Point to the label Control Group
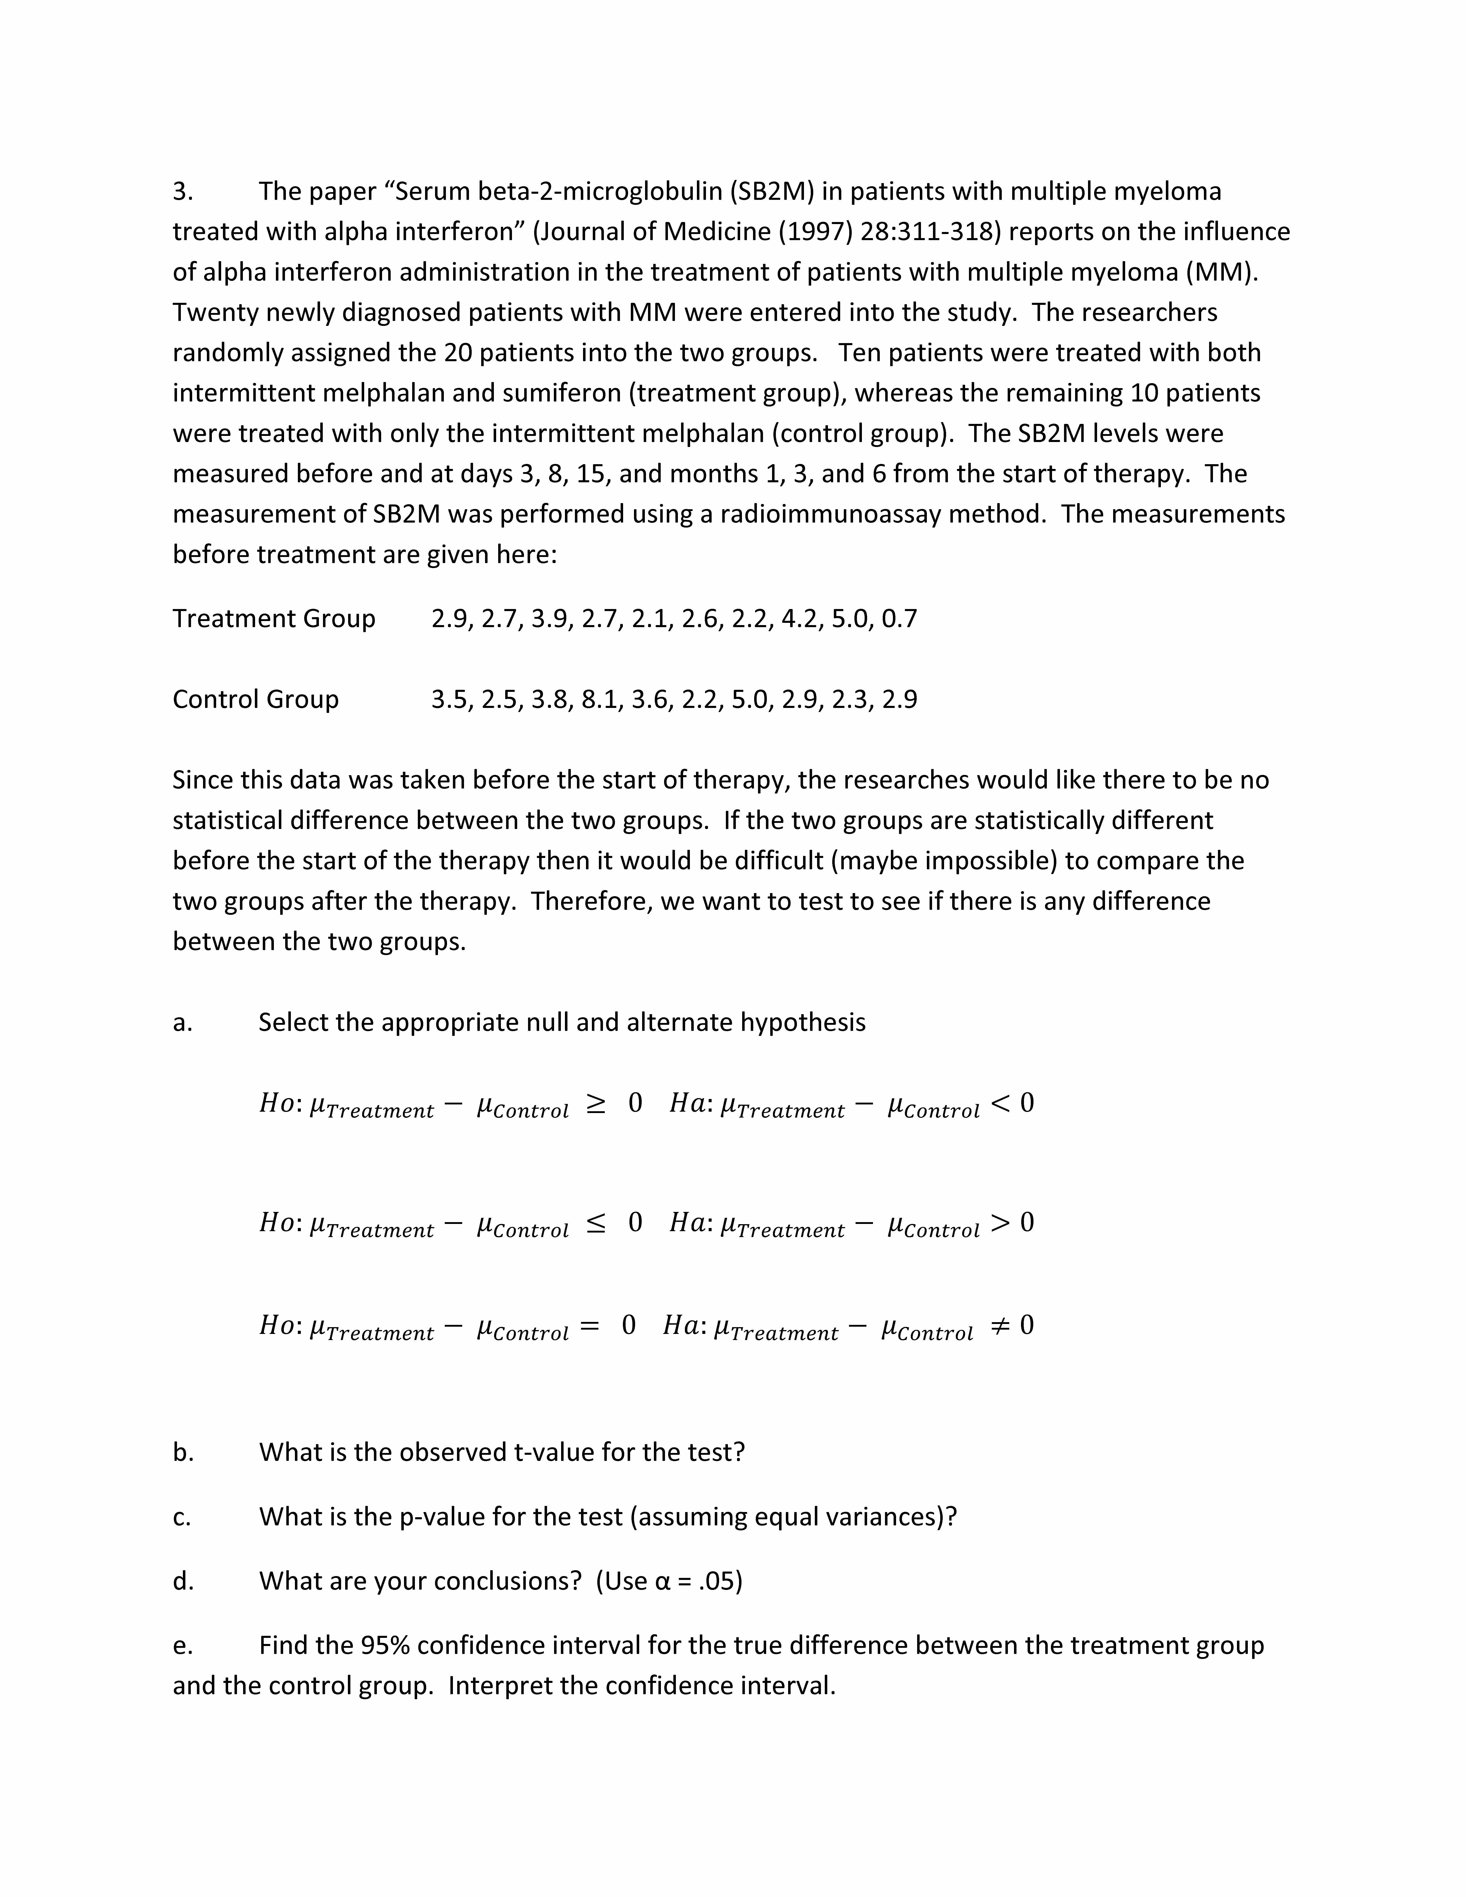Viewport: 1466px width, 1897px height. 255,699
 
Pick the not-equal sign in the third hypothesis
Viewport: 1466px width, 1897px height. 1000,1326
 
